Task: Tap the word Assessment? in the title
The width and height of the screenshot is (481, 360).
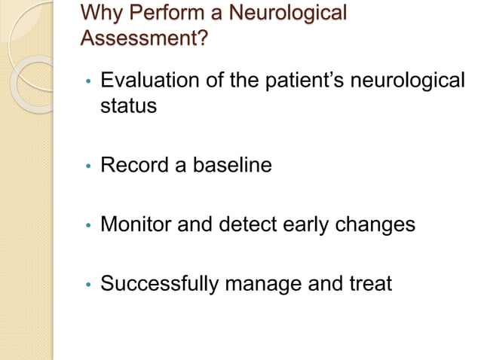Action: pyautogui.click(x=143, y=37)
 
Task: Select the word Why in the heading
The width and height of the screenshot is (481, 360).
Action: pyautogui.click(x=98, y=13)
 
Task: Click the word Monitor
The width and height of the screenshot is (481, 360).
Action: pyautogui.click(x=138, y=224)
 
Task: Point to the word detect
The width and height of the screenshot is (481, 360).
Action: pyautogui.click(x=256, y=224)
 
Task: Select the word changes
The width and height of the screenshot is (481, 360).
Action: pyautogui.click(x=384, y=225)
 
